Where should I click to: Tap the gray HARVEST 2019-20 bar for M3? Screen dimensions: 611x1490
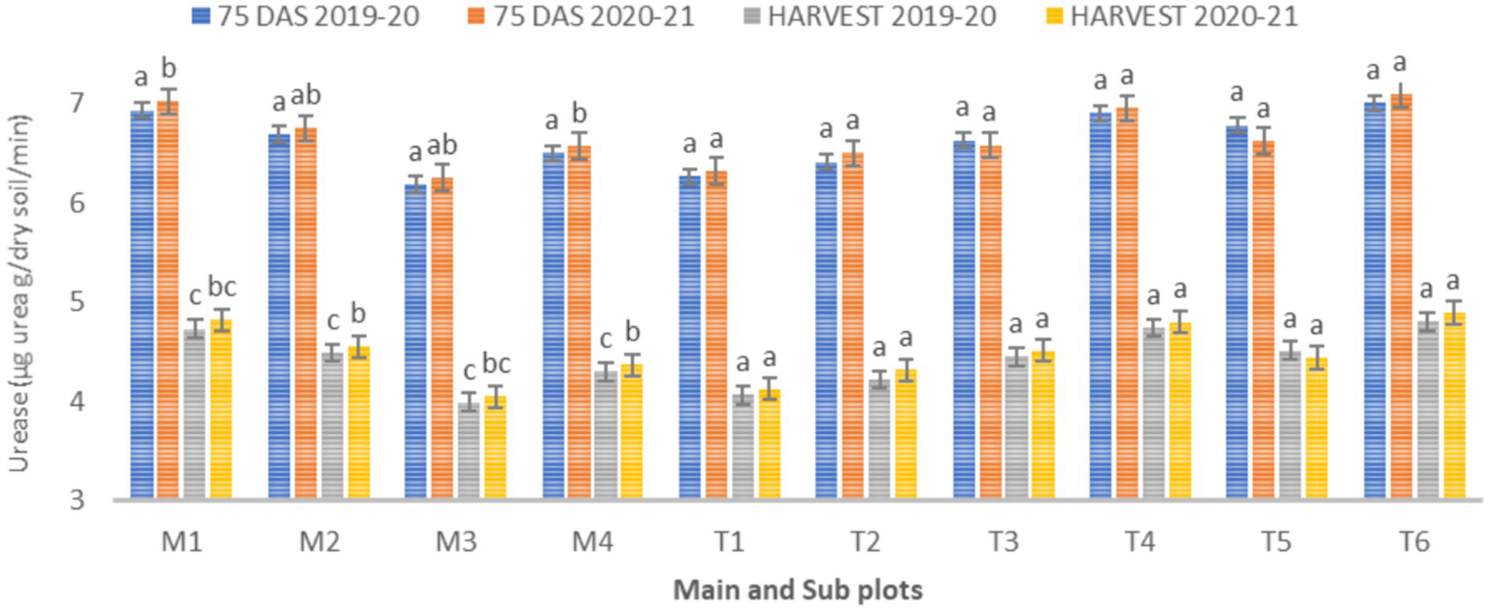pyautogui.click(x=469, y=451)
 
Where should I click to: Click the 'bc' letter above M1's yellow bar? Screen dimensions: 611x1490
pyautogui.click(x=222, y=289)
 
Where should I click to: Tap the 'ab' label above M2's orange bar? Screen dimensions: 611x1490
pyautogui.click(x=307, y=95)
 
